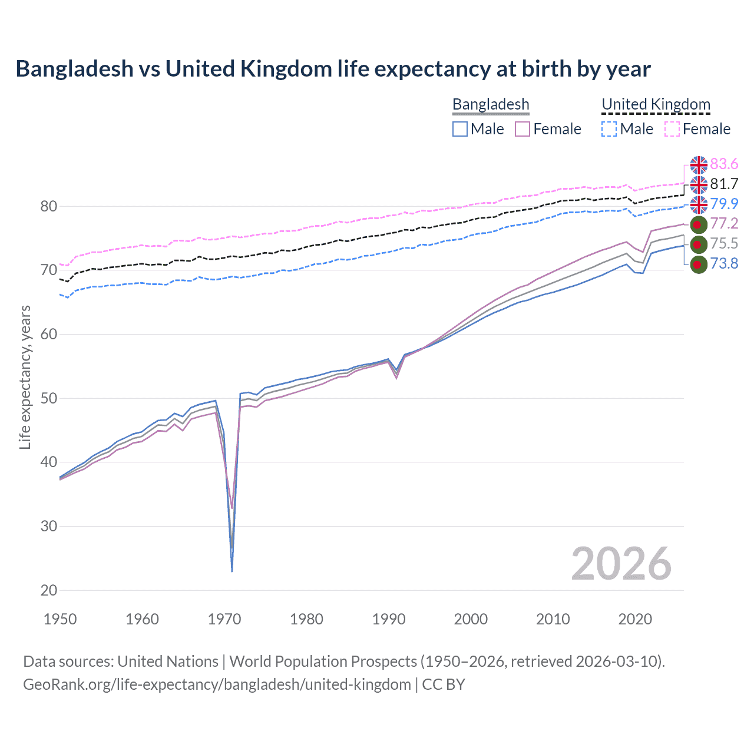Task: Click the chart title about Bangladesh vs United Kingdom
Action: (x=333, y=69)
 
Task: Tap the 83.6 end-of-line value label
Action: (x=724, y=164)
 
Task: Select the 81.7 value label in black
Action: (x=724, y=184)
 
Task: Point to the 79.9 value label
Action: (x=724, y=204)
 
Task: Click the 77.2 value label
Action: (x=724, y=223)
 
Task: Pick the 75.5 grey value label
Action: (x=724, y=243)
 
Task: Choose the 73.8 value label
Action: (x=724, y=263)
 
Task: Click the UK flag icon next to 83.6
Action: (x=699, y=165)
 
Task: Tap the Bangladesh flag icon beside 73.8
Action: (x=698, y=264)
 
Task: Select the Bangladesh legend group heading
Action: (x=491, y=104)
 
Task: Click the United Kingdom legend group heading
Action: (x=656, y=104)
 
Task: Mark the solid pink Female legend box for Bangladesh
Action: (x=522, y=129)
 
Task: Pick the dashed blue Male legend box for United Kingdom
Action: (x=609, y=129)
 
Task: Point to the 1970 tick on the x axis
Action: (x=224, y=619)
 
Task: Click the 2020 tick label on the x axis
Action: (x=634, y=619)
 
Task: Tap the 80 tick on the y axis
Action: (x=49, y=206)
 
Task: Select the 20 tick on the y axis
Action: (x=49, y=590)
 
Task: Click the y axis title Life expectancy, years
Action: (x=25, y=377)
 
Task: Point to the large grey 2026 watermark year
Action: (x=621, y=564)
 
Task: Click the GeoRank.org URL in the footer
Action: (x=217, y=684)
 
